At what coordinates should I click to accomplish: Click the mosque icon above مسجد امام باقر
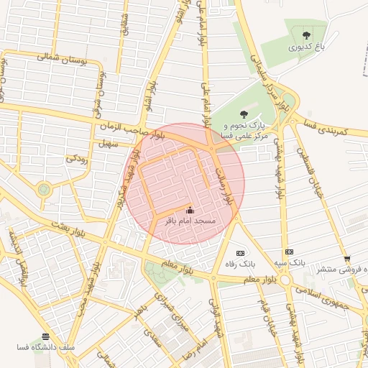190,211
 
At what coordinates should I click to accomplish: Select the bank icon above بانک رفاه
240,253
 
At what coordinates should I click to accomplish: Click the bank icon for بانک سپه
289,252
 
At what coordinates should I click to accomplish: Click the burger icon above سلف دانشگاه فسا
46,336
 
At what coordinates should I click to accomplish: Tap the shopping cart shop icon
347,259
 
